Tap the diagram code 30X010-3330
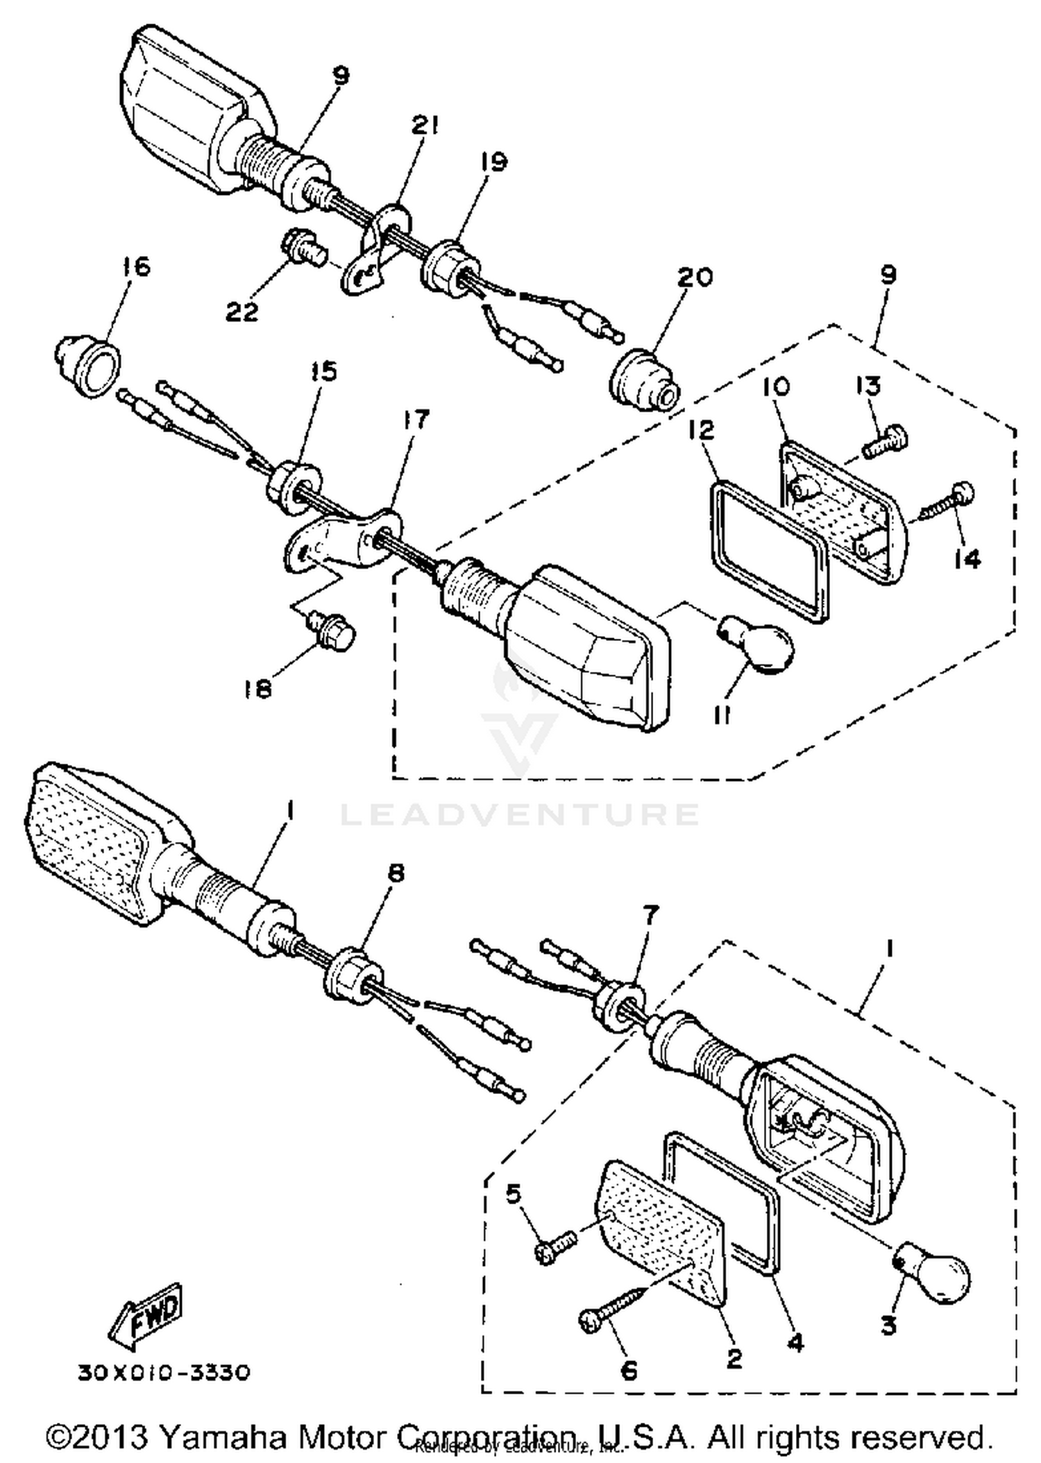(x=163, y=1374)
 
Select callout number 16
(x=137, y=266)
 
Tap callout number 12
(x=702, y=430)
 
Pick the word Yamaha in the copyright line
(x=223, y=1437)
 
